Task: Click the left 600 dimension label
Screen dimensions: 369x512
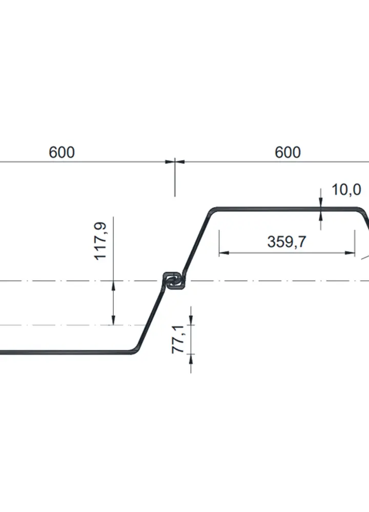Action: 61,153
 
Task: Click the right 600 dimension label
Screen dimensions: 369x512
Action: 288,153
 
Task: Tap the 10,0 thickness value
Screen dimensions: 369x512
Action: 346,190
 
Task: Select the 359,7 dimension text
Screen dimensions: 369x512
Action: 286,242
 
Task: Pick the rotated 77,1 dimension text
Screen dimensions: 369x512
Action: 178,339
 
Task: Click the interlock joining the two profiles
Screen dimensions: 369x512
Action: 174,281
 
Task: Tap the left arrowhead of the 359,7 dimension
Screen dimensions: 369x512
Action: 223,252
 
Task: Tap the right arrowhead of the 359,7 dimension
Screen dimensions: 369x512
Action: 350,252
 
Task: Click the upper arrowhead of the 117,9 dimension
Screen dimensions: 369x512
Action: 113,285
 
